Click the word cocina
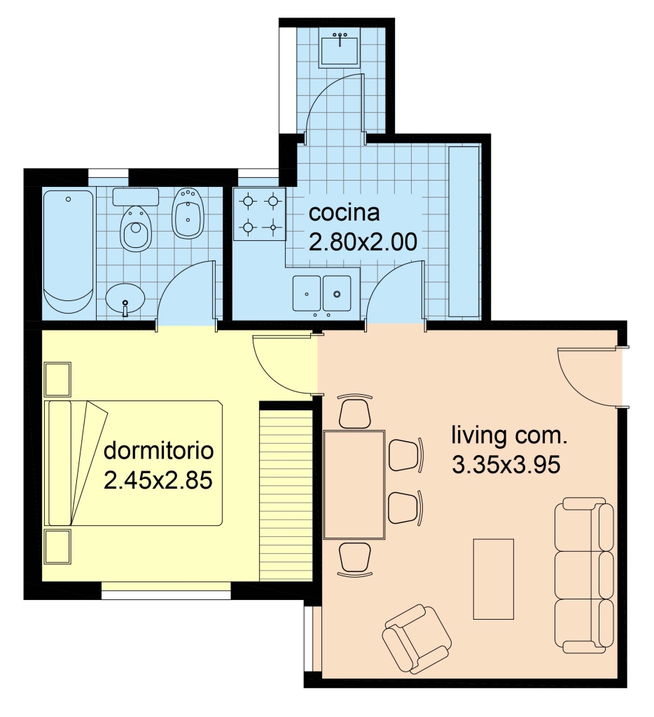[x=344, y=213]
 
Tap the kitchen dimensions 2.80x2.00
[x=363, y=242]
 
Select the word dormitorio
[x=159, y=451]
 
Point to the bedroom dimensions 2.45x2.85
[x=158, y=480]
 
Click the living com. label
[x=509, y=436]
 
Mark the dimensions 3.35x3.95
[x=506, y=465]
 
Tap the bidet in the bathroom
[x=188, y=213]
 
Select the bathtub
[x=69, y=252]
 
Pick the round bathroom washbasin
[x=125, y=300]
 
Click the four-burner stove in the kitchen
[x=259, y=214]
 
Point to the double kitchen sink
[x=322, y=293]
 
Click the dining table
[x=354, y=485]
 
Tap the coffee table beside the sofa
[x=493, y=579]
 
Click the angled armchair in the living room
[x=417, y=639]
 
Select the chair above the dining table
[x=354, y=410]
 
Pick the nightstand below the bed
[x=57, y=546]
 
